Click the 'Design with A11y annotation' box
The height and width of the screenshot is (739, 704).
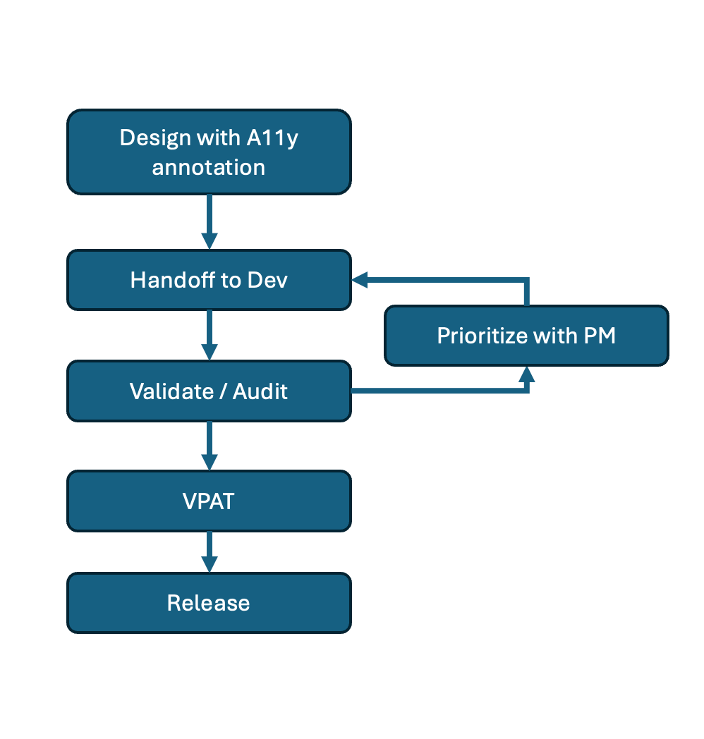[x=209, y=152]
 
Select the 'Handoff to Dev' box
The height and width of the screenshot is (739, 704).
[x=209, y=280]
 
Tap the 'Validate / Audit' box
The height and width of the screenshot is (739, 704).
[x=209, y=391]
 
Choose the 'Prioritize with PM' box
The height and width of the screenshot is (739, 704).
[x=526, y=336]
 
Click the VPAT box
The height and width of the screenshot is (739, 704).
[x=209, y=501]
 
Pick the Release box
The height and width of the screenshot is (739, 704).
[x=209, y=603]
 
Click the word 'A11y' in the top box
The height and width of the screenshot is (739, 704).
[x=271, y=138]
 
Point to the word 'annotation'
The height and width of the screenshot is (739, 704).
[x=209, y=167]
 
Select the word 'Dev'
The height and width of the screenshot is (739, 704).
[x=267, y=280]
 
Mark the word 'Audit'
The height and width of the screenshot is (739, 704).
[x=260, y=391]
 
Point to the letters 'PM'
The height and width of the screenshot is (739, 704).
[x=599, y=336]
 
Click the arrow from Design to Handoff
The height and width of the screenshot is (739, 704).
[x=209, y=221]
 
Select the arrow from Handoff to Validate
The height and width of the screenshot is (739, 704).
[x=209, y=335]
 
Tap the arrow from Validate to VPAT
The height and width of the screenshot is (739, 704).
[x=209, y=446]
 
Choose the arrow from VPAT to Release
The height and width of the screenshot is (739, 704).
[x=209, y=552]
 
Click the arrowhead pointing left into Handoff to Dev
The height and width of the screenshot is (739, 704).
[x=360, y=280]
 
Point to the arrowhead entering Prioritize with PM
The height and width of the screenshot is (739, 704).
[x=526, y=374]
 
